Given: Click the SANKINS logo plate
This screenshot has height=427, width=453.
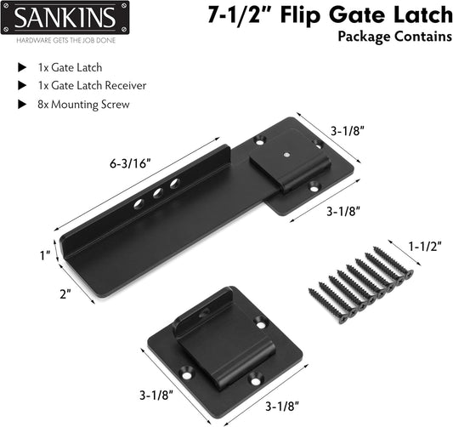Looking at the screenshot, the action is (65, 17).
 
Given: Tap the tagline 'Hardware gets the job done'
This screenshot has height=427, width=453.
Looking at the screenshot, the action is (66, 40).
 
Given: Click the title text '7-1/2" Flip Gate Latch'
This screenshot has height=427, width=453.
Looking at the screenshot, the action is (330, 15).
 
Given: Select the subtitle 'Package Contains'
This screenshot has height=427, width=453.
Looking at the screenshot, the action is (395, 37).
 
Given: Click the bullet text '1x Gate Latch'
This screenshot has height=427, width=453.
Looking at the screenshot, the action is (70, 68).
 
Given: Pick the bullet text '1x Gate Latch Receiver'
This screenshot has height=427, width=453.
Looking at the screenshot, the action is (92, 86).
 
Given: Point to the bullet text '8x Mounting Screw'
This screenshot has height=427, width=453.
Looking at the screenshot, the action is (83, 105).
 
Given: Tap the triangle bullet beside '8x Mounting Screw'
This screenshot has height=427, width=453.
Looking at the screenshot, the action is (22, 105).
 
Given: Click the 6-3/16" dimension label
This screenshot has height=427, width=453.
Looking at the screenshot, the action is (130, 164).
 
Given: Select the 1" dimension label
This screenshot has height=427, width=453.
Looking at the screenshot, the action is (45, 255).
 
